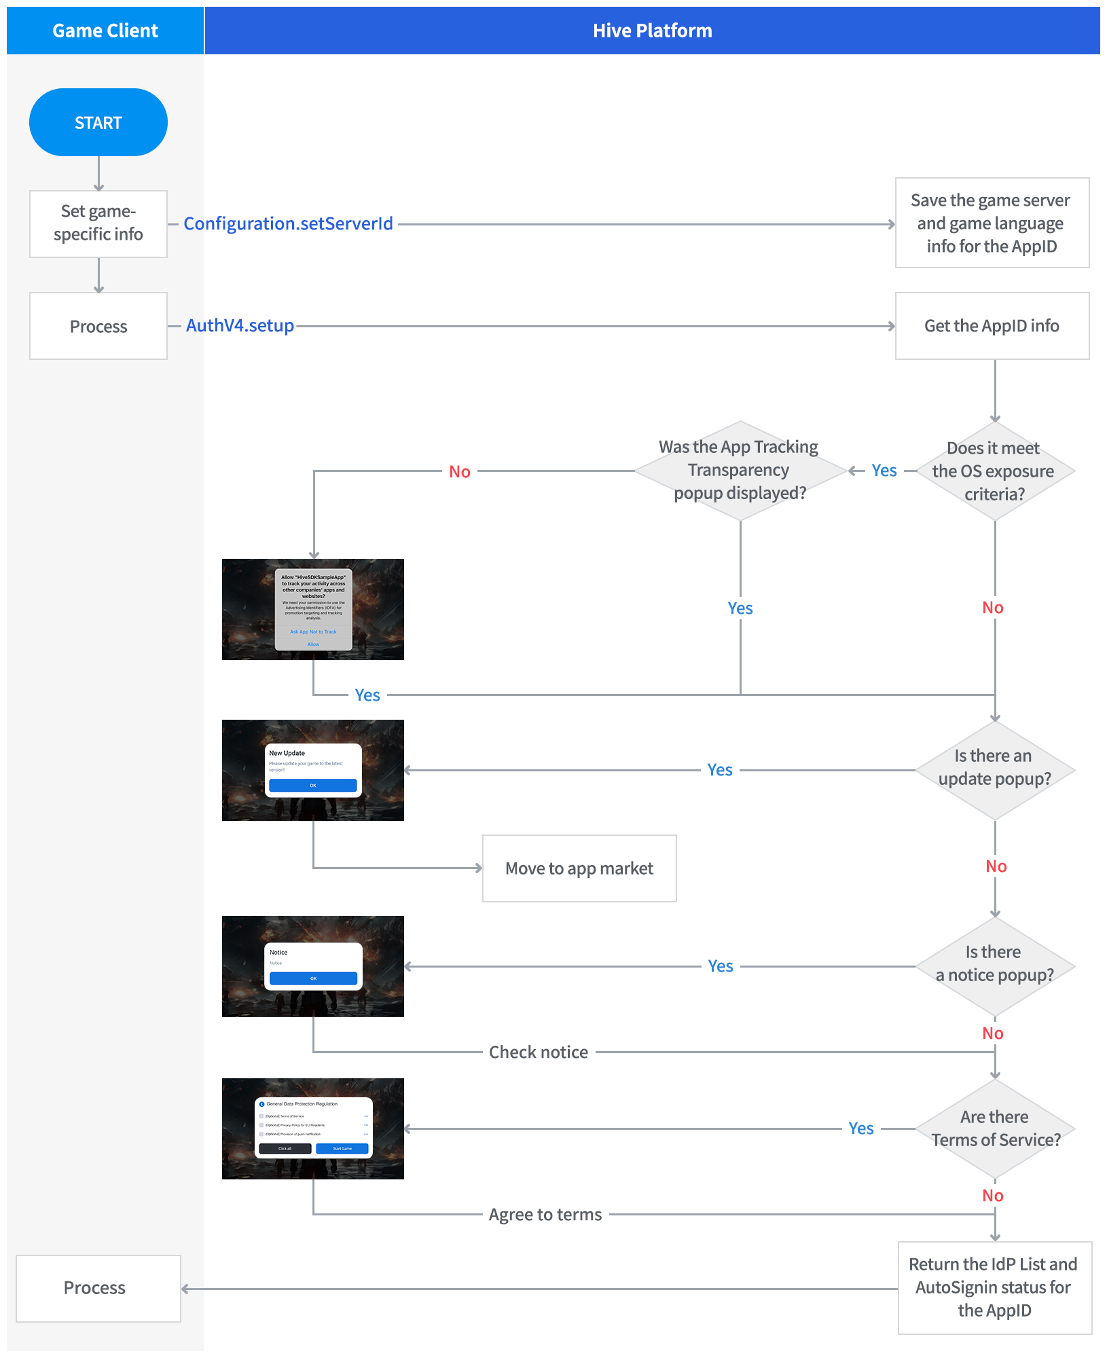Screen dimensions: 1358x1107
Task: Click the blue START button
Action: click(98, 123)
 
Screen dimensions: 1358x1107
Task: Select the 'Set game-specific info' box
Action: click(98, 223)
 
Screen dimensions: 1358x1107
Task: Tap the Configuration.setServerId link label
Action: click(288, 223)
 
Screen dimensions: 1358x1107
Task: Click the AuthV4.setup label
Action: click(240, 326)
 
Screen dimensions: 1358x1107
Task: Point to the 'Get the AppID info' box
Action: click(992, 326)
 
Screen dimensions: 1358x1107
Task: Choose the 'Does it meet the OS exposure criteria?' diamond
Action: click(994, 471)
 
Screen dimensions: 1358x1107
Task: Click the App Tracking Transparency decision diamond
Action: click(740, 471)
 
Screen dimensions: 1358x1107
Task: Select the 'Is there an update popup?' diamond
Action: click(994, 769)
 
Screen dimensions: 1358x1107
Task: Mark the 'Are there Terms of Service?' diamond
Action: click(994, 1128)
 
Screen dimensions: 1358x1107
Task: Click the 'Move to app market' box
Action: click(579, 868)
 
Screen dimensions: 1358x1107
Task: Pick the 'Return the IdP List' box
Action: click(994, 1287)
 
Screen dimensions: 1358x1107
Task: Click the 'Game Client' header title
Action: click(105, 31)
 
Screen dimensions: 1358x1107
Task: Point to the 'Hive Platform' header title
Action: click(652, 31)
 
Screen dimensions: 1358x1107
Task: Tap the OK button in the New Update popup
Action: click(313, 786)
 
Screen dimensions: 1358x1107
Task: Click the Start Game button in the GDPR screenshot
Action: click(342, 1149)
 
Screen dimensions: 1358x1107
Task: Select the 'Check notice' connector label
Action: click(539, 1052)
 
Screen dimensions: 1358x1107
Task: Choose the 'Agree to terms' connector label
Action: click(545, 1215)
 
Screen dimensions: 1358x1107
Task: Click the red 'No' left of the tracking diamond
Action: click(460, 472)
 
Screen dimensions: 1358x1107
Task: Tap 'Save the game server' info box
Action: click(992, 223)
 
